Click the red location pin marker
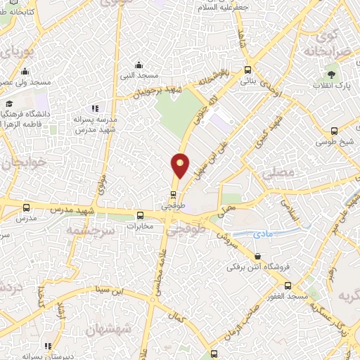click(181, 166)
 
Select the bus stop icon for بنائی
click(247, 70)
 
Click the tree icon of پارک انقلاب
click(330, 73)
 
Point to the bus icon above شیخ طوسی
click(334, 130)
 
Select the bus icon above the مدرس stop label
click(26, 207)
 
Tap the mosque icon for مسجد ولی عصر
click(25, 71)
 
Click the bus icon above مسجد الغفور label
click(288, 285)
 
